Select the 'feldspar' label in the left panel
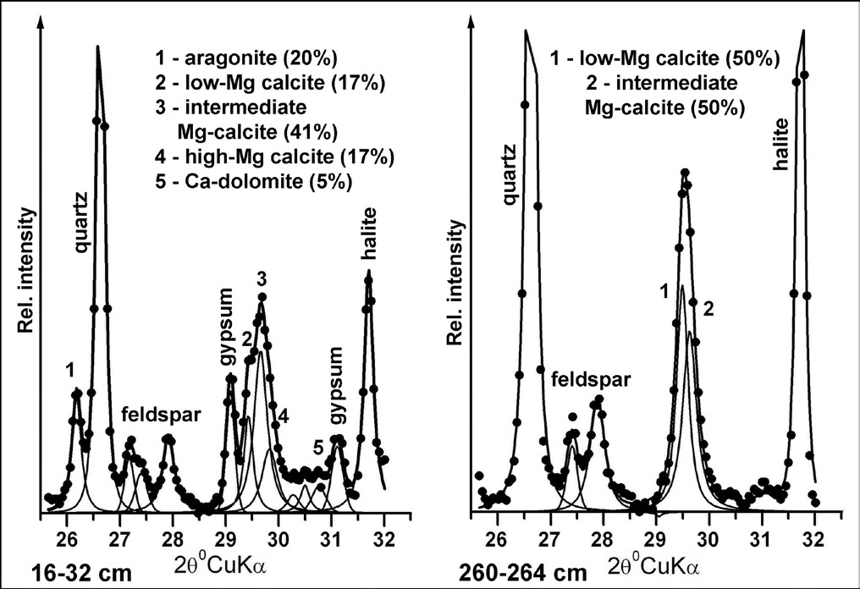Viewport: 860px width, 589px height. (161, 415)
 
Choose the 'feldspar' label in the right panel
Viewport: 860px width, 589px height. (591, 379)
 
